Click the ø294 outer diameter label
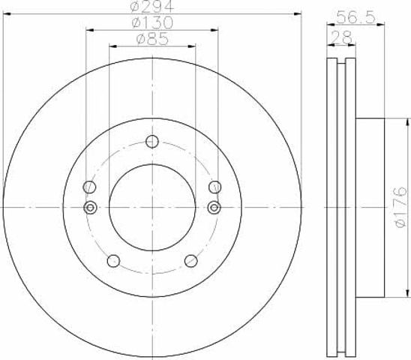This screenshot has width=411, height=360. [152, 6]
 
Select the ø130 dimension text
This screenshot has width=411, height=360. [152, 22]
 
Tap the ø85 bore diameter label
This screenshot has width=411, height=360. [152, 39]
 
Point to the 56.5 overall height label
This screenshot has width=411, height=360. [356, 17]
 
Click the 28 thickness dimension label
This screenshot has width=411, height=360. [342, 37]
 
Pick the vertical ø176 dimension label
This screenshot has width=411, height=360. [401, 207]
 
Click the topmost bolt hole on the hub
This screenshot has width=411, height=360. [152, 142]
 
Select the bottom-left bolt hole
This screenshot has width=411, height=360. [114, 261]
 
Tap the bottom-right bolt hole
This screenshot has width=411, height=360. [190, 261]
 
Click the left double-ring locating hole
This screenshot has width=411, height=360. [90, 208]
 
